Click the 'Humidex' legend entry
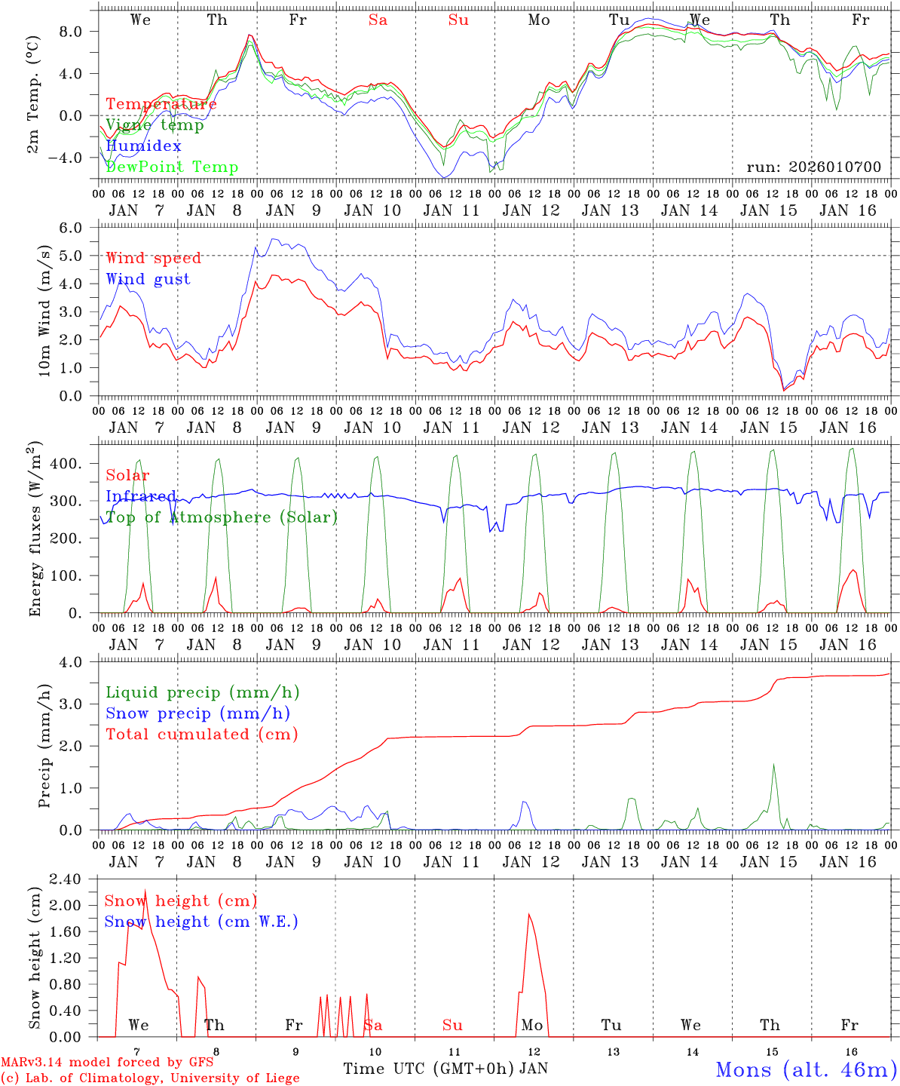143,146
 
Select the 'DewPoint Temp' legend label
172,167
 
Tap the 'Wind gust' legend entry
148,280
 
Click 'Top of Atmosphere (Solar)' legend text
221,517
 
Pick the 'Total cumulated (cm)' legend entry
201,735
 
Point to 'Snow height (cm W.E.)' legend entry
201,922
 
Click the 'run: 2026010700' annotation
813,167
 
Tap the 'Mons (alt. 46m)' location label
806,1069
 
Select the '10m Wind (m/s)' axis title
45,311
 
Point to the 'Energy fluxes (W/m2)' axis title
35,530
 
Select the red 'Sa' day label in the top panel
378,20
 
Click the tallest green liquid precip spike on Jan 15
773,765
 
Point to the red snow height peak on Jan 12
529,914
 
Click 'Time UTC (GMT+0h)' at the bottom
429,1069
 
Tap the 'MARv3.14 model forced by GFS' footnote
108,1063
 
